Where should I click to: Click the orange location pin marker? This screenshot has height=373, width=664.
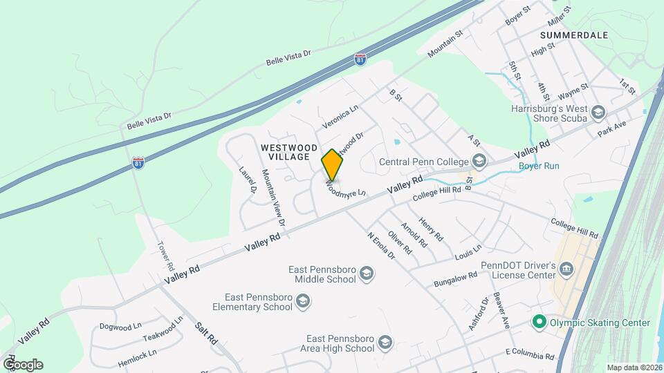tap(332, 164)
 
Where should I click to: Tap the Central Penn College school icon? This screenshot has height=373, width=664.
tap(479, 162)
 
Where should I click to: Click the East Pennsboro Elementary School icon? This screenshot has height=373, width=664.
tap(302, 301)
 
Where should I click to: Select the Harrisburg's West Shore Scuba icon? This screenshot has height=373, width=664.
tap(598, 113)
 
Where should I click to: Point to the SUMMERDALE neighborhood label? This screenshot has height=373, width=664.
tap(573, 35)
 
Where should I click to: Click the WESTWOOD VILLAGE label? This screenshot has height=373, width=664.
tap(289, 152)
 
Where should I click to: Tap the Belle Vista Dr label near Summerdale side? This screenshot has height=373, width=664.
tap(288, 57)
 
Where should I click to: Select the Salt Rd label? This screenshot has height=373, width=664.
tap(206, 334)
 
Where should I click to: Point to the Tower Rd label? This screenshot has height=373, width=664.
tap(166, 256)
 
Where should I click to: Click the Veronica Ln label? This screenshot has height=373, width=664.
tap(340, 117)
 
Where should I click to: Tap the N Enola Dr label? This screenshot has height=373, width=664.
tap(380, 246)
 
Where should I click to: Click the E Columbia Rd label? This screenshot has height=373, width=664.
tap(530, 355)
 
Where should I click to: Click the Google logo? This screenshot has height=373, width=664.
tap(23, 364)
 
